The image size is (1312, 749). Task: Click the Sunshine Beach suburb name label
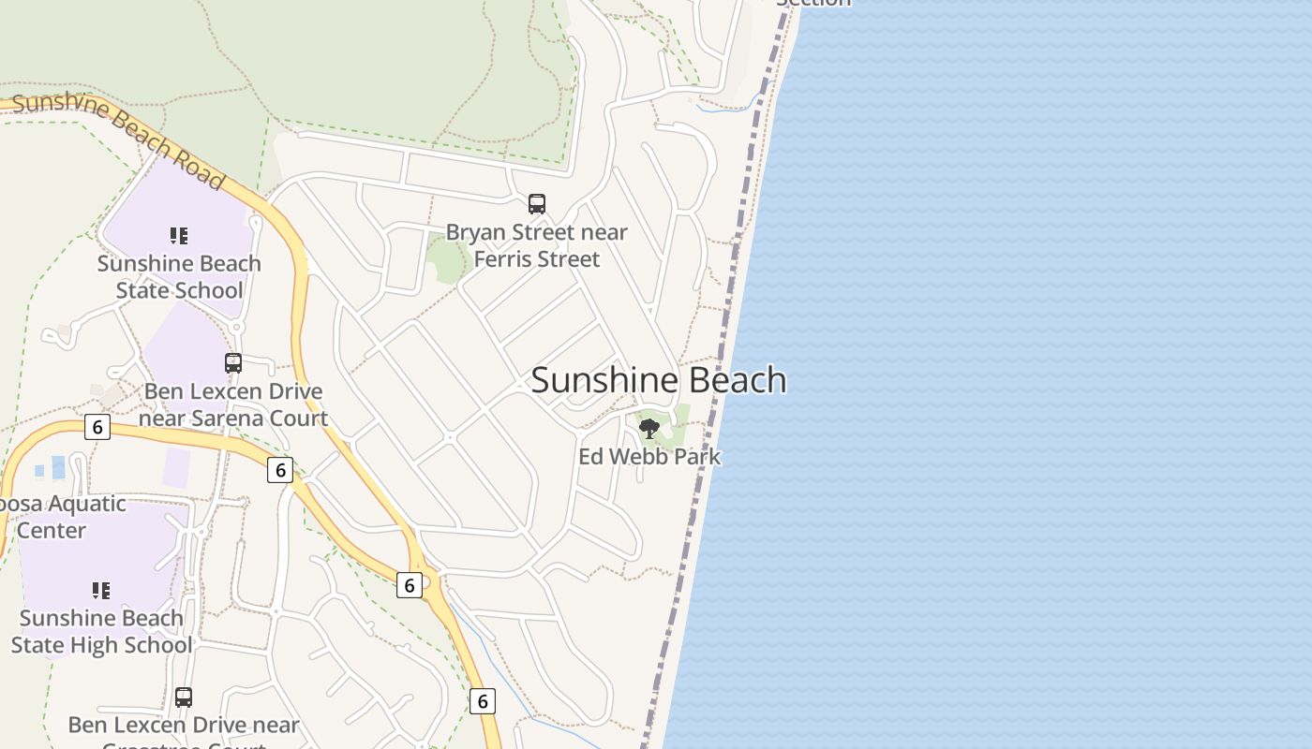click(x=659, y=380)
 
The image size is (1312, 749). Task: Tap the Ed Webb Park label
click(x=649, y=457)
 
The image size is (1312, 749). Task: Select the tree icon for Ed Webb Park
click(x=649, y=429)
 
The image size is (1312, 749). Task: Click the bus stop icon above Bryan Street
click(x=537, y=203)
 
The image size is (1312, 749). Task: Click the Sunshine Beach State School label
click(x=179, y=276)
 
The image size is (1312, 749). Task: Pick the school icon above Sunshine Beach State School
click(x=179, y=236)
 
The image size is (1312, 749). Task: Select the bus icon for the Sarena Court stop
click(x=233, y=362)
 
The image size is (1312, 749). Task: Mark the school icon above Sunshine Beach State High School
click(x=101, y=591)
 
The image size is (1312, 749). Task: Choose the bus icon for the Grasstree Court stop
click(x=184, y=698)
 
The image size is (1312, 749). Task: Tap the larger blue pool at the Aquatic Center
click(x=59, y=466)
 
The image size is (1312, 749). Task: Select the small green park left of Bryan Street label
click(x=447, y=259)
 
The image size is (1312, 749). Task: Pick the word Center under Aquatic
click(x=52, y=531)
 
